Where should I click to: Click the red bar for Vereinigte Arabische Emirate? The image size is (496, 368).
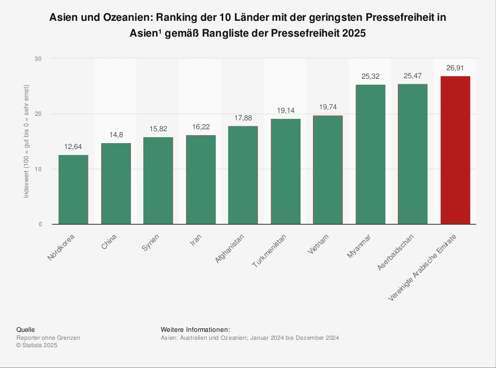455,150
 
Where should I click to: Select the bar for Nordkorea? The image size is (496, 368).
73,190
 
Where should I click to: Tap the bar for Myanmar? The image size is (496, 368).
371,155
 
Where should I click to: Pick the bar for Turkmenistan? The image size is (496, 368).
286,171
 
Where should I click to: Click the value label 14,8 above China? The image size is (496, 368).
116,135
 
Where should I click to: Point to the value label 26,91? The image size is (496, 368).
455,68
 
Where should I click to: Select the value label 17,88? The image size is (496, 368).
243,118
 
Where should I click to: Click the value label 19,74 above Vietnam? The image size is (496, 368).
328,107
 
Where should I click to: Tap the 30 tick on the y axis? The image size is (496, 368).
38,59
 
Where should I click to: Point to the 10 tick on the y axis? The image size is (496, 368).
38,169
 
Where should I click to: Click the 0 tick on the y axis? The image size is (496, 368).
40,224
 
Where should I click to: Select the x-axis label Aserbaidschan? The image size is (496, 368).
395,252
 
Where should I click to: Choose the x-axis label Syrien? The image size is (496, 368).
150,242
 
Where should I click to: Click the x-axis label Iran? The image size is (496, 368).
195,240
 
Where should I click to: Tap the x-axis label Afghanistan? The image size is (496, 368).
229,249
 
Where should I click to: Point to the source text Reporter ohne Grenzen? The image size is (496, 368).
48,338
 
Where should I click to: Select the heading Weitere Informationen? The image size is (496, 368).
195,330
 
